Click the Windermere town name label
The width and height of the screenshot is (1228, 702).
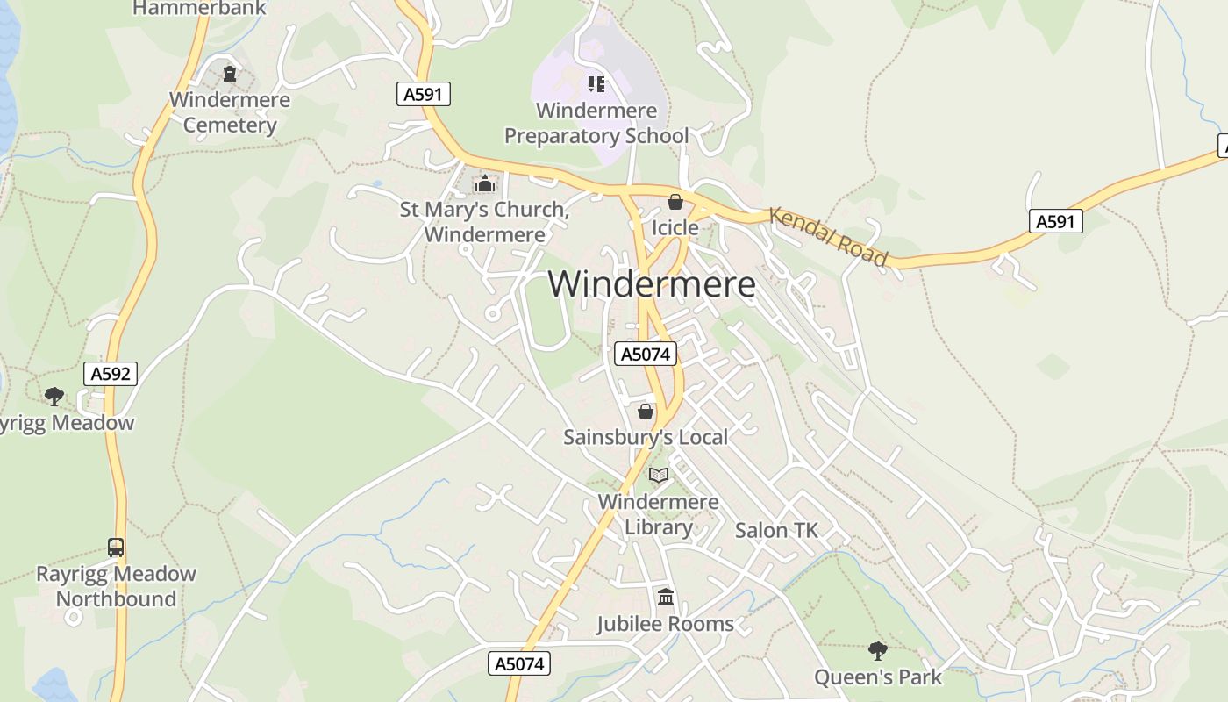tap(652, 284)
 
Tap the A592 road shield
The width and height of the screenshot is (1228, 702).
tap(111, 374)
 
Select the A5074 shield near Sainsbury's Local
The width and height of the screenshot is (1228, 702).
tap(646, 354)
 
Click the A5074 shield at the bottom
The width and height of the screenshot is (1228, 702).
tap(519, 663)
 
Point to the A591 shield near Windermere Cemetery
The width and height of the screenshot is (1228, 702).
tap(424, 94)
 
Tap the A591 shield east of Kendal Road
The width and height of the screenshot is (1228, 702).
tap(1055, 221)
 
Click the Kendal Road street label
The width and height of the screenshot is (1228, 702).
tap(829, 235)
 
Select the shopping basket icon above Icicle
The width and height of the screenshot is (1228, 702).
tap(675, 202)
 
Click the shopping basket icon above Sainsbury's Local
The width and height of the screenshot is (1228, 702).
tap(646, 411)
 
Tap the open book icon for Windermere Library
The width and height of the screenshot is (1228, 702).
tap(659, 475)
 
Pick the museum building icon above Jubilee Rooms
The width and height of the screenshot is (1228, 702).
tap(665, 598)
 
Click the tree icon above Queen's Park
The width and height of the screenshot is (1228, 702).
tap(877, 650)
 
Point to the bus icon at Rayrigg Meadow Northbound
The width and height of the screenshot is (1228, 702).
tap(115, 548)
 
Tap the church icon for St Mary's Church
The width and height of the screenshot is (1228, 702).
tap(484, 183)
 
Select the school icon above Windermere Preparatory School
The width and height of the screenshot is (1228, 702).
tap(596, 84)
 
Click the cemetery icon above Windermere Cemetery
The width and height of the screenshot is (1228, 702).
tap(230, 74)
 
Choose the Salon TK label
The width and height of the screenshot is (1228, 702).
tap(776, 530)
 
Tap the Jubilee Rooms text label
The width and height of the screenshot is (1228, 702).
tap(665, 624)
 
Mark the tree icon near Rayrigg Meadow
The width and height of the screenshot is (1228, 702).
tap(54, 396)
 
